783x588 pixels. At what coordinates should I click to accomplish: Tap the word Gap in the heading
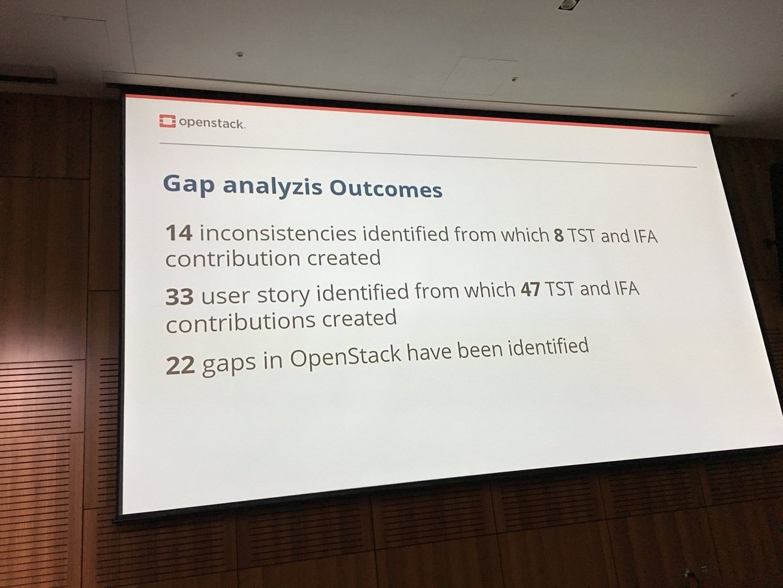click(184, 185)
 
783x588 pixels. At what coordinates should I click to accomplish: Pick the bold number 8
click(558, 237)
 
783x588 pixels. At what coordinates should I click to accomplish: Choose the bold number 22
click(180, 367)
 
